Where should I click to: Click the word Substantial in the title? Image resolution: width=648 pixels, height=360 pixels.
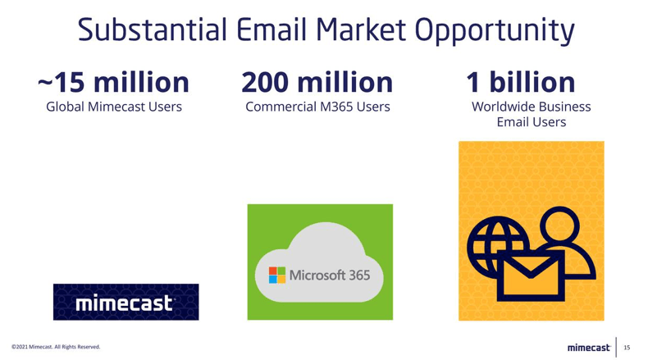point(151,30)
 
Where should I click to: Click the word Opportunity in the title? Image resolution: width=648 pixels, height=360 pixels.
point(495,30)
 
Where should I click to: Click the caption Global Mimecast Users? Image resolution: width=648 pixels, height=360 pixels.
point(114,107)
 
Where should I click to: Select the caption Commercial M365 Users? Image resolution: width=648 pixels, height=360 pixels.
point(317,107)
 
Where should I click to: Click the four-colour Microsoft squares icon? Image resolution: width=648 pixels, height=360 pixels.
point(277,274)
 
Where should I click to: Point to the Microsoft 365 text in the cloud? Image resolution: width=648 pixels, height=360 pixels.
point(330,274)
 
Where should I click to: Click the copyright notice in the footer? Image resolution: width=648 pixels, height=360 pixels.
point(55,348)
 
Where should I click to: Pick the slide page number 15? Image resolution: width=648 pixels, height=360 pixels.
point(627,348)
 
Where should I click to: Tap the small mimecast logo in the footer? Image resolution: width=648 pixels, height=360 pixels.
point(589,348)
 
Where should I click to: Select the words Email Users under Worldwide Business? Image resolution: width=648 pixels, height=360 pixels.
point(532,122)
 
